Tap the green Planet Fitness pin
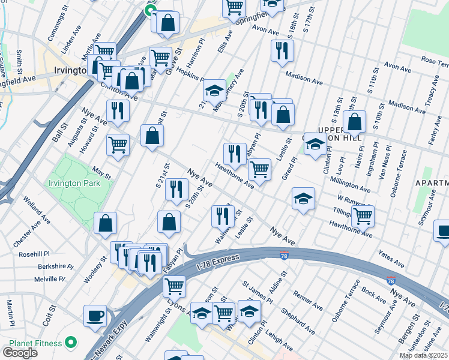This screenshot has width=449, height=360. pos(71,343)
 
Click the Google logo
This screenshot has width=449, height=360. pos(20,352)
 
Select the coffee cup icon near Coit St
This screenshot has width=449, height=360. pos(95,316)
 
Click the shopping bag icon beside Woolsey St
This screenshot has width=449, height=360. pos(106,223)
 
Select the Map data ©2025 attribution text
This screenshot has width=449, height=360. pos(423,355)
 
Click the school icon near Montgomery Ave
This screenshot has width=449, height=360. pos(214,91)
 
